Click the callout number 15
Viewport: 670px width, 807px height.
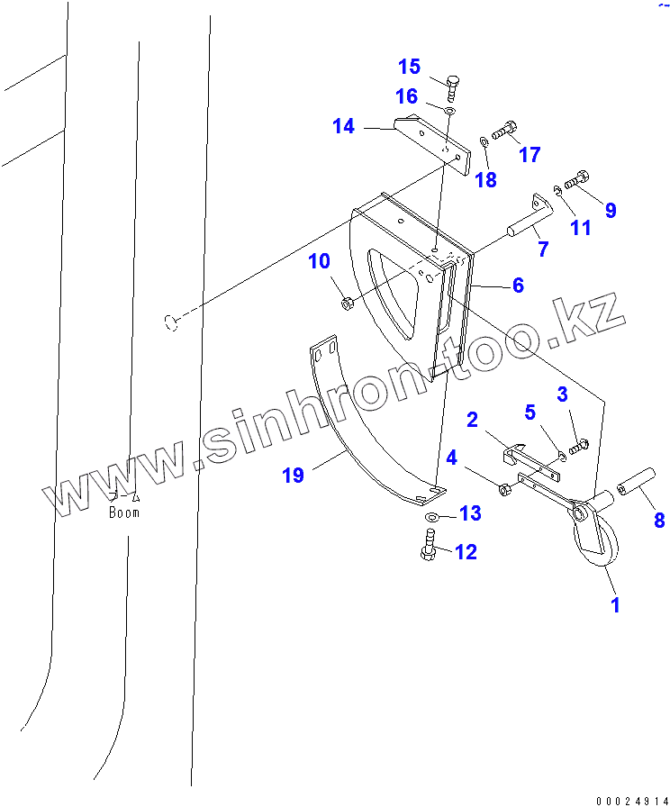(410, 67)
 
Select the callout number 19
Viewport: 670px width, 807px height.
(294, 475)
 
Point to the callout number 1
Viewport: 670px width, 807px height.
(616, 604)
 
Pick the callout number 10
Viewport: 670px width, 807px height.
(320, 262)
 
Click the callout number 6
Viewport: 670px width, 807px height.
(518, 286)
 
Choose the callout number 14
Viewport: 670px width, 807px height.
(343, 126)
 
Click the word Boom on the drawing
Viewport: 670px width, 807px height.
(124, 512)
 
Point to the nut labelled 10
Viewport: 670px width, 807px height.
(348, 304)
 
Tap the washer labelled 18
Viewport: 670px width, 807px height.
(484, 140)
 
